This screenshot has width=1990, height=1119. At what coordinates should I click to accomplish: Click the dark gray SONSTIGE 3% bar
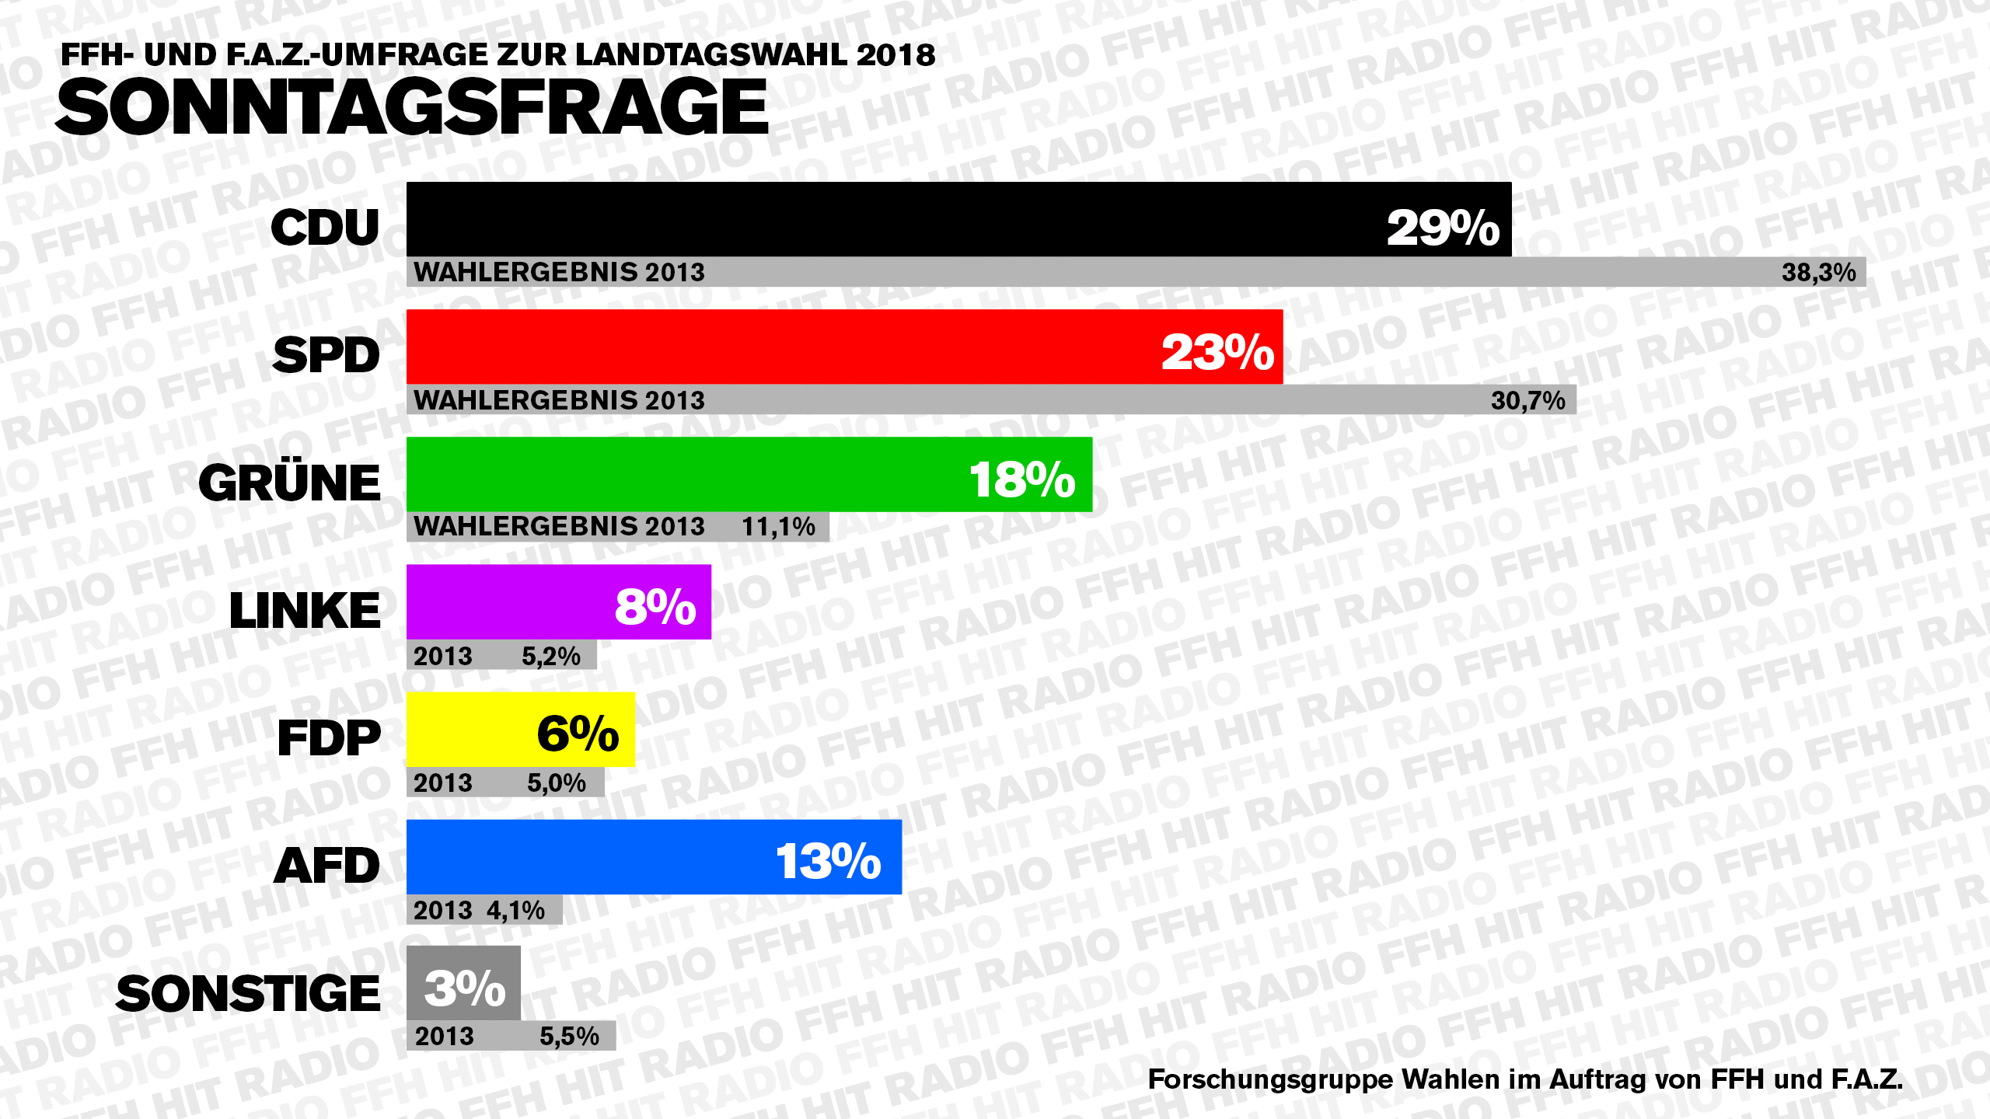pos(463,983)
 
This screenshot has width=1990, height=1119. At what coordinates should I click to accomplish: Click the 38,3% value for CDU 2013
pos(1818,272)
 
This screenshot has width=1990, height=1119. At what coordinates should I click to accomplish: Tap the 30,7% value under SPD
pos(1527,400)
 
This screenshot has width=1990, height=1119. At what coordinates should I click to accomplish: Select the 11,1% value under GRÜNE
pos(778,527)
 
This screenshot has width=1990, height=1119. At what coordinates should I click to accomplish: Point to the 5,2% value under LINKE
pos(550,657)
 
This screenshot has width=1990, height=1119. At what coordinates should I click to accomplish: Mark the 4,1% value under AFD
pos(515,910)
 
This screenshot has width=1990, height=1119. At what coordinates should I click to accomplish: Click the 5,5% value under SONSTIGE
pos(569,1036)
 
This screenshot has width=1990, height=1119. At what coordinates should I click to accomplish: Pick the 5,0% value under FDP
pos(556,783)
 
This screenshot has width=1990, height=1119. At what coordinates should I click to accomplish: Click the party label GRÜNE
pos(289,483)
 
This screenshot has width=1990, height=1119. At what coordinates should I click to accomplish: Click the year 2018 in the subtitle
pos(895,54)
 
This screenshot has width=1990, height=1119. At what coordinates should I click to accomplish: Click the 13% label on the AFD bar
pos(828,860)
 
